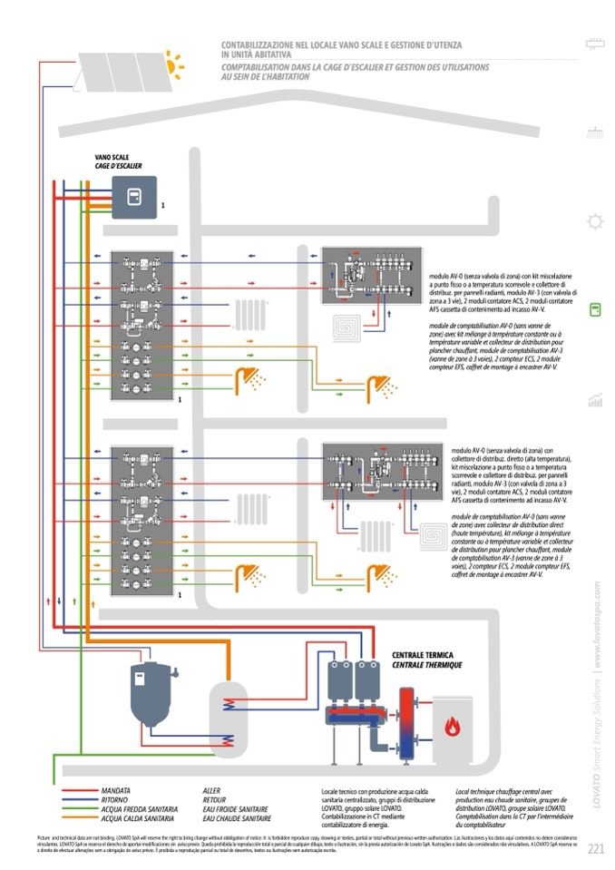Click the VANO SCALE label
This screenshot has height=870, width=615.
[112, 157]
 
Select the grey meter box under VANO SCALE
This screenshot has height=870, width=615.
[134, 198]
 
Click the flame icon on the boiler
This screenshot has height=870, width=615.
[452, 726]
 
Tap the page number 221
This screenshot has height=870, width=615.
[596, 849]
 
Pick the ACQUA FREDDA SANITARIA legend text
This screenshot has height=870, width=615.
[139, 808]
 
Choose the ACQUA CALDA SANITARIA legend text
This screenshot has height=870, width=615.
[137, 817]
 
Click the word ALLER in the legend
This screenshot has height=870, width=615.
[211, 791]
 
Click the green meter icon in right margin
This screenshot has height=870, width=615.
[596, 309]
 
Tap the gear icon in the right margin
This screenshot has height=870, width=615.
[596, 220]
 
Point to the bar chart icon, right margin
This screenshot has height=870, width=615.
[596, 398]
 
